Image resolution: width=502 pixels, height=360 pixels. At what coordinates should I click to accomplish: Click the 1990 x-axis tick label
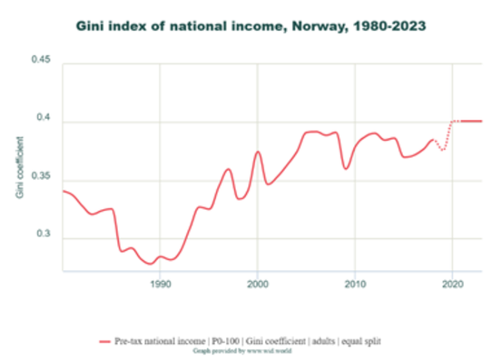tap(160, 284)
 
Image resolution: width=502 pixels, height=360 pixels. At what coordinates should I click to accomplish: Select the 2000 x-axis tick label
tap(257, 284)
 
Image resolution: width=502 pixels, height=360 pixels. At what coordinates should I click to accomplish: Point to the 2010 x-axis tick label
tap(354, 284)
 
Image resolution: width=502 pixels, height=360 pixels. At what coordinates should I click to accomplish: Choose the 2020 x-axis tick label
tap(452, 284)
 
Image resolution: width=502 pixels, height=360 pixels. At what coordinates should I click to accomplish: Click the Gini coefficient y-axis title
tap(20, 166)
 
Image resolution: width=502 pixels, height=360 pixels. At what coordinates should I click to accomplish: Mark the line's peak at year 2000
tap(258, 151)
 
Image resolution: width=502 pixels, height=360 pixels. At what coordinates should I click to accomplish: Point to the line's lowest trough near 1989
tap(149, 263)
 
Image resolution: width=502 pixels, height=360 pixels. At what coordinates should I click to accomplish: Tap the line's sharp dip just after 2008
tap(345, 168)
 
